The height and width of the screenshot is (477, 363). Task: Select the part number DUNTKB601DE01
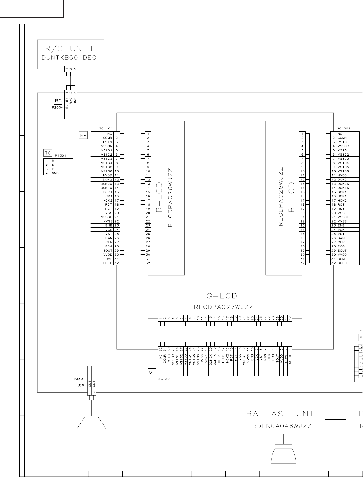click(x=70, y=59)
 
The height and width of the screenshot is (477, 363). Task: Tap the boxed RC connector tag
click(x=58, y=101)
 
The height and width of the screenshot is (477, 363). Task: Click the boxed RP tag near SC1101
click(x=83, y=136)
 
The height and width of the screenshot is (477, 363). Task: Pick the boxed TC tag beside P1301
click(x=47, y=153)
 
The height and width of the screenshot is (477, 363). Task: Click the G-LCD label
click(x=222, y=296)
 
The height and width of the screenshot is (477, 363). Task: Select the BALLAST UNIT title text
click(x=283, y=414)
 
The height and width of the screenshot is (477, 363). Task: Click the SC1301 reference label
click(x=344, y=128)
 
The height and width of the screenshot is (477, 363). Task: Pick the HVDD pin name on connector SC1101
click(x=106, y=175)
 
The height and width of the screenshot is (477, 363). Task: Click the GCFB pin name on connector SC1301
click(x=342, y=263)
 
